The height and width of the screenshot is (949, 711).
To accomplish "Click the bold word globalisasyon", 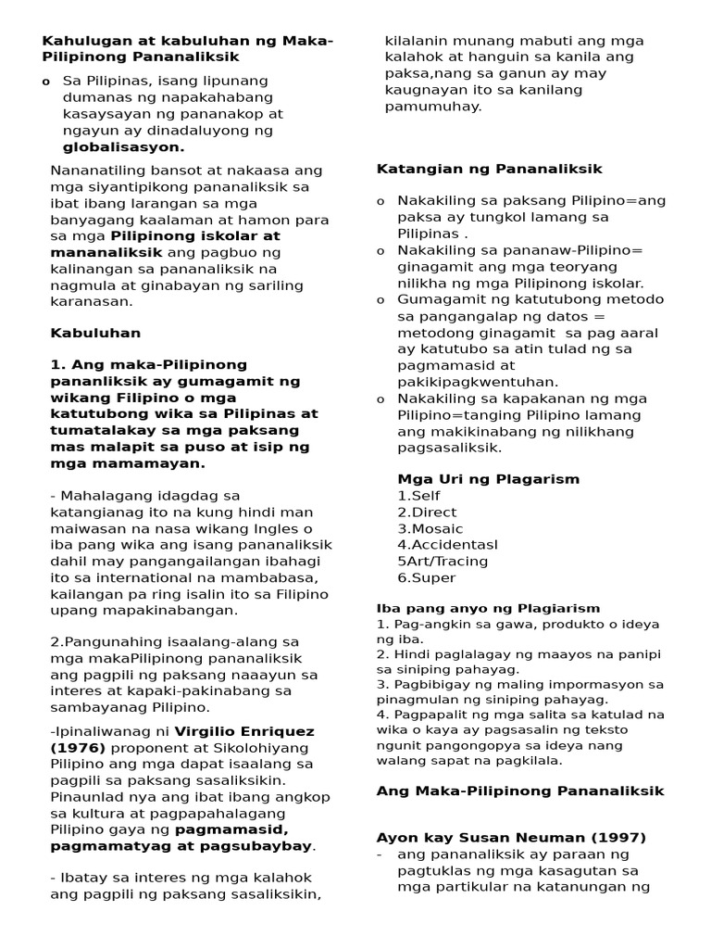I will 123,147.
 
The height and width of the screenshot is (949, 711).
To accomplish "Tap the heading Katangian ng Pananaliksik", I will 489,169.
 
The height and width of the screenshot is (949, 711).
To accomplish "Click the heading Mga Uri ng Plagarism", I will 488,479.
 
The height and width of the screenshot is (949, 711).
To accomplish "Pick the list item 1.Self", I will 419,496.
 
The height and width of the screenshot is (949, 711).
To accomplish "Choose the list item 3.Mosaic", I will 430,528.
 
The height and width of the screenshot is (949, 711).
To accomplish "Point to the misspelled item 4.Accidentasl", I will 447,545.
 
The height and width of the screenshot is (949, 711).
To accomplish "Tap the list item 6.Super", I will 426,577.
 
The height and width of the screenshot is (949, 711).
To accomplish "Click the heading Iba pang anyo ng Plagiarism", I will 488,608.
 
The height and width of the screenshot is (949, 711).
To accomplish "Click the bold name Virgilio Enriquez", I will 246,730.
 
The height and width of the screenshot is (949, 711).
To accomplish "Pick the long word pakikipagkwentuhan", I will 465,381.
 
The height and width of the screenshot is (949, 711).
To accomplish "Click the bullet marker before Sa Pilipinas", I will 45,82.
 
